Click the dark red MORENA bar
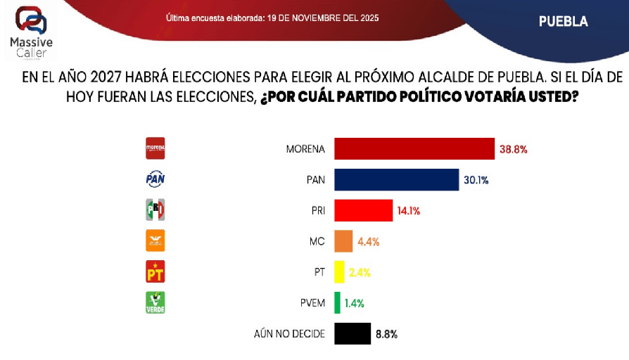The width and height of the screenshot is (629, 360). [414, 149]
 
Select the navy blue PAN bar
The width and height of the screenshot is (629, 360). [396, 179]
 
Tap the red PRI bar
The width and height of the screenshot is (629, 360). [363, 210]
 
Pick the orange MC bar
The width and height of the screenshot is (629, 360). [343, 241]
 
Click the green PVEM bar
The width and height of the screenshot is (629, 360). [337, 303]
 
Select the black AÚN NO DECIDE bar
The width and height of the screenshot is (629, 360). [352, 334]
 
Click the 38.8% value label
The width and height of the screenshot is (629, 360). [513, 150]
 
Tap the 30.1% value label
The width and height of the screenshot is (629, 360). [476, 180]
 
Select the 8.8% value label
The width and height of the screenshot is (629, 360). [386, 335]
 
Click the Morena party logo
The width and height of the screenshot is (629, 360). [155, 148]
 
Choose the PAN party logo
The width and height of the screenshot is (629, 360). [155, 179]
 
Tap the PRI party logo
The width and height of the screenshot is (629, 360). [155, 210]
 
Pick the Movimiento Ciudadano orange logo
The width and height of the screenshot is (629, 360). [155, 240]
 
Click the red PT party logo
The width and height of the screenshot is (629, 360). [155, 271]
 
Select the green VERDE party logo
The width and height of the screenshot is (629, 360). [155, 302]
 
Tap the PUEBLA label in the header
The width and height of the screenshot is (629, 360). [563, 21]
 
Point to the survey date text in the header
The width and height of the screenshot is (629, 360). [272, 18]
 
